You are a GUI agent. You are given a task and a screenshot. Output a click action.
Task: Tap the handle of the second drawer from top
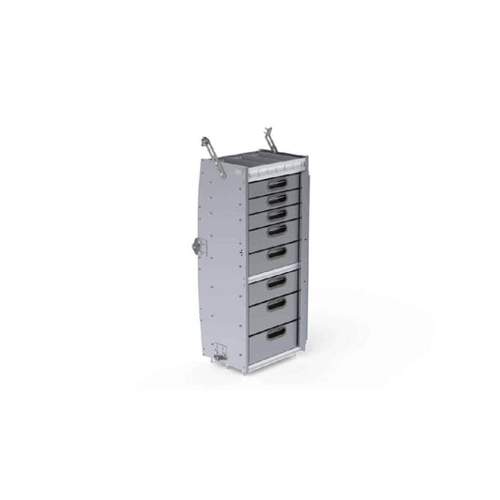[x=276, y=199]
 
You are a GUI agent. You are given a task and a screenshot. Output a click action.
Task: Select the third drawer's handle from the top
[x=276, y=214]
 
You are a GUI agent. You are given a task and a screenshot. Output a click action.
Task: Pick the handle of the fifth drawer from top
[x=276, y=252]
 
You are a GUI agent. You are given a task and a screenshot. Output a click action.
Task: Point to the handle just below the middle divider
[x=277, y=281]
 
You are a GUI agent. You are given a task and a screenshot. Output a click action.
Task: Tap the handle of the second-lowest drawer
[x=277, y=305]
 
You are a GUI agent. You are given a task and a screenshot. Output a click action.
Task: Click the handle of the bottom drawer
[x=277, y=332]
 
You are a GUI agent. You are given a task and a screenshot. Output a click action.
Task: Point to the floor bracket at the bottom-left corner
[x=220, y=356]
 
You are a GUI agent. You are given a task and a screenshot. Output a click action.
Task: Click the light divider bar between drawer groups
[x=274, y=268]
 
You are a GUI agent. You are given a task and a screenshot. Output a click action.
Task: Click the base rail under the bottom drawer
[x=274, y=358]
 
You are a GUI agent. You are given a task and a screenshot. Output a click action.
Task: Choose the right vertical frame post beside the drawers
[x=299, y=263]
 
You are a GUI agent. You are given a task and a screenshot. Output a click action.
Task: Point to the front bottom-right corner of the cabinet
[x=300, y=352]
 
